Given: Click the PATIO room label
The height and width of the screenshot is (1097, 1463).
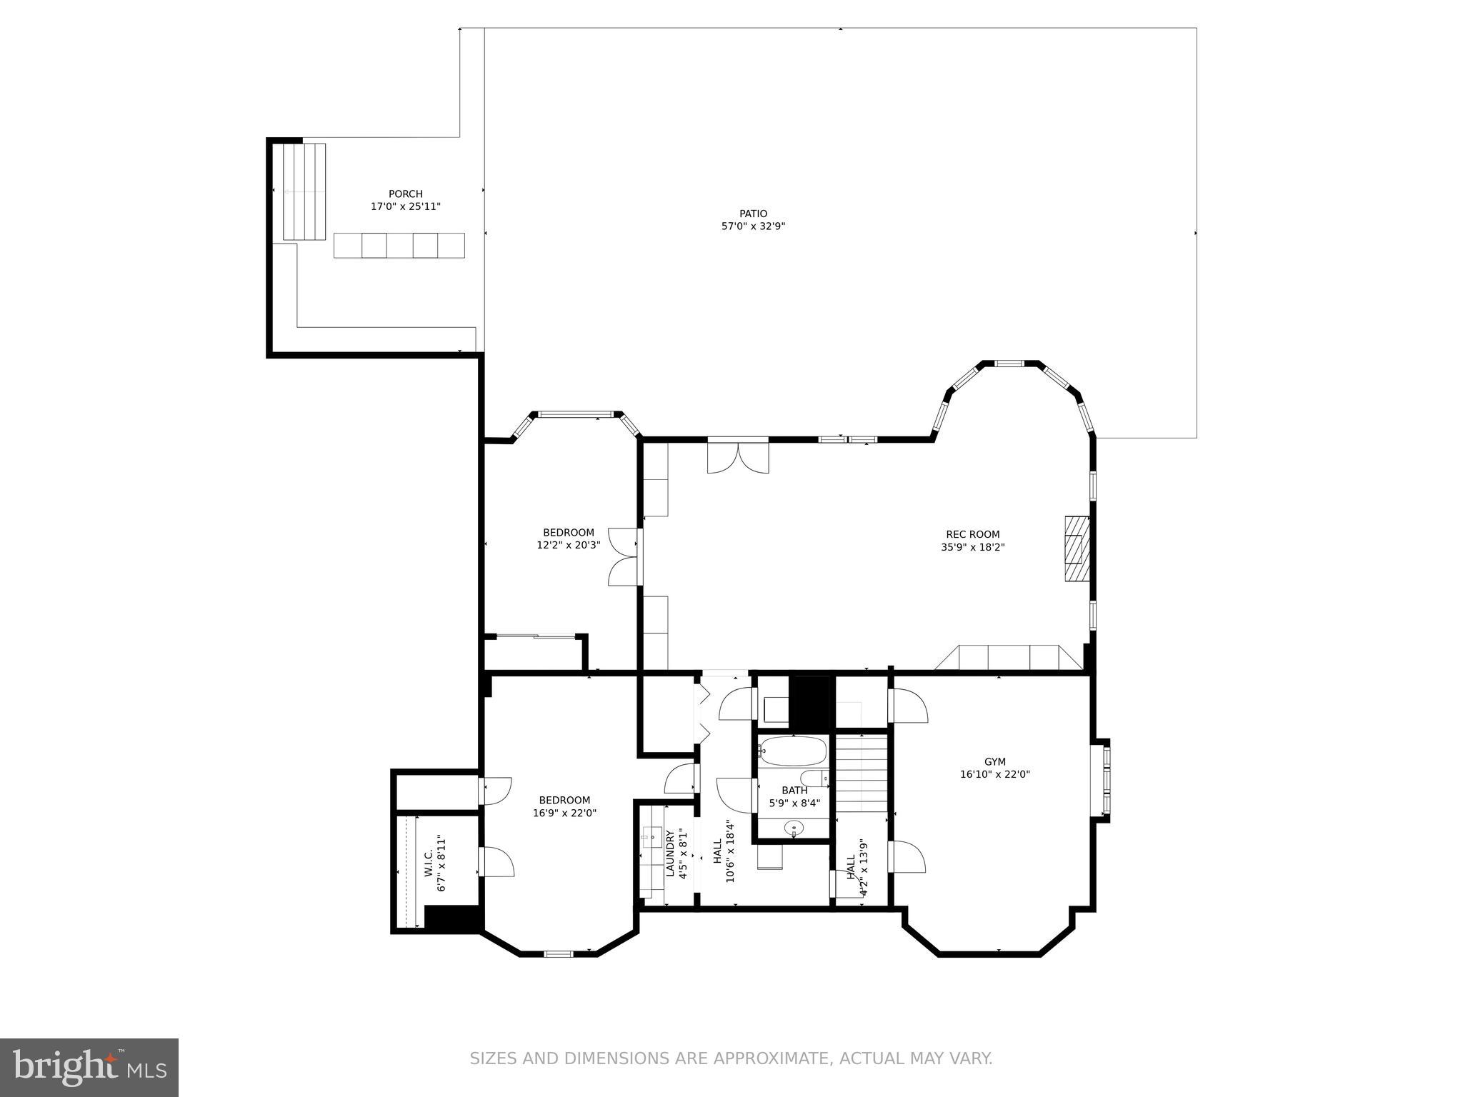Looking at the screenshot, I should click(x=753, y=214).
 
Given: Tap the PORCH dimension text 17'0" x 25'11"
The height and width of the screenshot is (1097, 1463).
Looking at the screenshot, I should click(x=405, y=206).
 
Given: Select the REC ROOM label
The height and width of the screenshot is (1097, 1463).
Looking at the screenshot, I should click(x=972, y=534).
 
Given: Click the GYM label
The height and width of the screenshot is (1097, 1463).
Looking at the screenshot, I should click(x=994, y=761).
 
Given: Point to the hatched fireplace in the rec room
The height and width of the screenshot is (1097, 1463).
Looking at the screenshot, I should click(x=1077, y=548).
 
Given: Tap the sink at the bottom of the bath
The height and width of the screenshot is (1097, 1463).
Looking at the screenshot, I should click(x=794, y=829).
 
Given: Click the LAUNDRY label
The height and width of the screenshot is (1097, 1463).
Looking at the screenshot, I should click(x=670, y=853).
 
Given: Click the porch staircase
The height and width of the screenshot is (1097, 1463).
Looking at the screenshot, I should click(x=304, y=191).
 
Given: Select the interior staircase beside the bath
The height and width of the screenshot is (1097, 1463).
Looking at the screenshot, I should click(x=862, y=774).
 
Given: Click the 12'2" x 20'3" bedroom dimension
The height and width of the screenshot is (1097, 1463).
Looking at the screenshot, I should click(x=569, y=545).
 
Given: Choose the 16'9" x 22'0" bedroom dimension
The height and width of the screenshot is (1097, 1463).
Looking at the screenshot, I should click(x=564, y=813).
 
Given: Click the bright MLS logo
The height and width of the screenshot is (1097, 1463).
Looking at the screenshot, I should click(x=89, y=1068).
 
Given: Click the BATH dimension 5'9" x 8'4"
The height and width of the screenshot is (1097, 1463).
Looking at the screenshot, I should click(x=794, y=803).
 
